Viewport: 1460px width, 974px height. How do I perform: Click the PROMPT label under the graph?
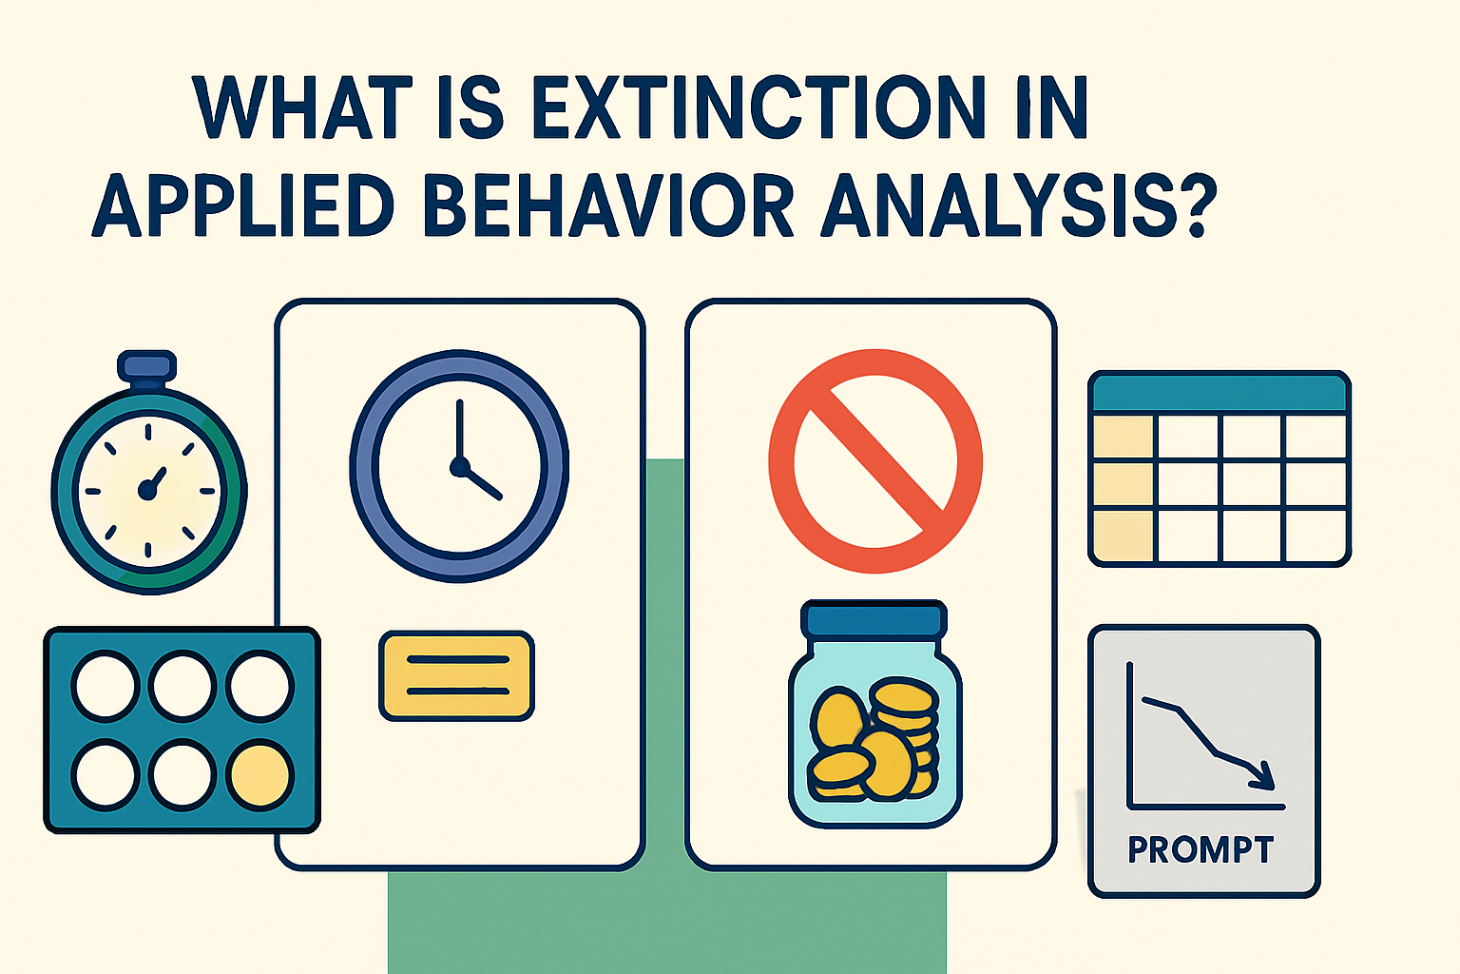click(x=1201, y=849)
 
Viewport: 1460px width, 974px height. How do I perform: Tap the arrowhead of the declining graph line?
click(x=1262, y=775)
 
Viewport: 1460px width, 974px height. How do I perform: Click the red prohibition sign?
click(x=874, y=461)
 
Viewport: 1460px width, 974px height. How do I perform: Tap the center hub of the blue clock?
click(x=460, y=467)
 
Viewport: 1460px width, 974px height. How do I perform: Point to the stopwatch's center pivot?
click(x=146, y=490)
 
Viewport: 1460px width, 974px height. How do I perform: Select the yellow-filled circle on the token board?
click(x=259, y=774)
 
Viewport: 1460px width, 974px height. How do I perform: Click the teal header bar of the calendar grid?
click(x=1219, y=392)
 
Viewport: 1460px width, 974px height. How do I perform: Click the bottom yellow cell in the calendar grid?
click(x=1123, y=536)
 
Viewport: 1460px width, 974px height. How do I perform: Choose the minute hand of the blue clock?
click(x=459, y=430)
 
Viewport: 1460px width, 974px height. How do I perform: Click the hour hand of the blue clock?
click(x=482, y=483)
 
